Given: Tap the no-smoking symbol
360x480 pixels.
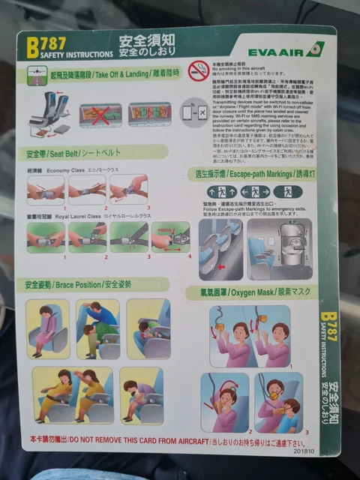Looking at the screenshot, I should coord(198,71).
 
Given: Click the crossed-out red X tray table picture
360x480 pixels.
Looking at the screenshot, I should coord(100,114).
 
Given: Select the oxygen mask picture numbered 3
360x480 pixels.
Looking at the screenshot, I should coord(280,403).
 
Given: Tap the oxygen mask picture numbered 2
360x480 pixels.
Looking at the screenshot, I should coord(224,403).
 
